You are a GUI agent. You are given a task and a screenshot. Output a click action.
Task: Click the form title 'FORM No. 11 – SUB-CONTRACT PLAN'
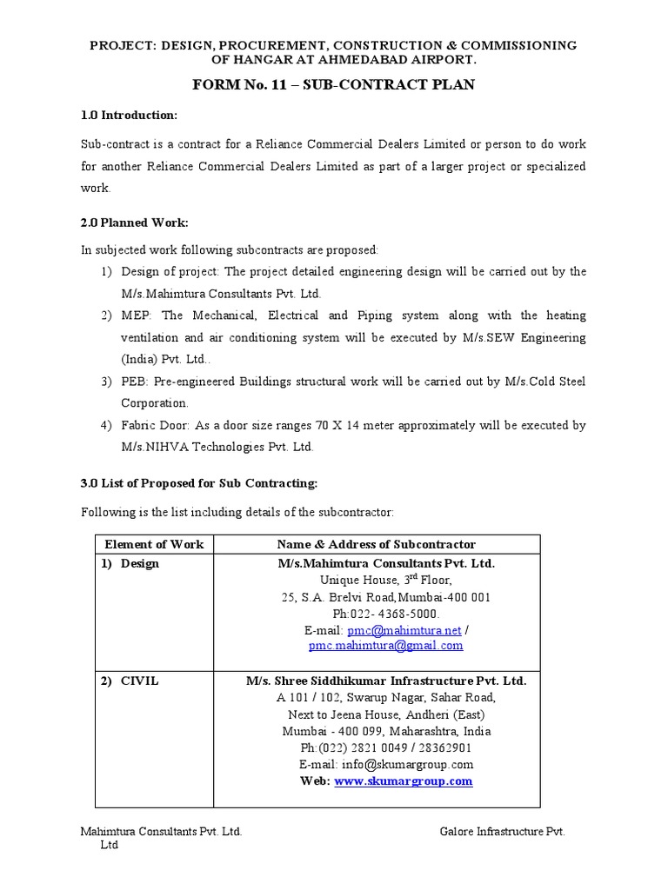tap(333, 84)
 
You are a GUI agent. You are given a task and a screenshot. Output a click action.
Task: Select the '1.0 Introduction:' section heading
tap(129, 115)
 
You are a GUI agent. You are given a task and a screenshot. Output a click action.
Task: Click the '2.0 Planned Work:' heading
tap(134, 222)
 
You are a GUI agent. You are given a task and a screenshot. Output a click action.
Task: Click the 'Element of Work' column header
tap(154, 544)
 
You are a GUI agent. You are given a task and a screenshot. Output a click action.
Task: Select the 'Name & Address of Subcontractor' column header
tap(377, 544)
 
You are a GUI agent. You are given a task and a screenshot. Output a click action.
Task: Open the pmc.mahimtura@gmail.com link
tap(385, 646)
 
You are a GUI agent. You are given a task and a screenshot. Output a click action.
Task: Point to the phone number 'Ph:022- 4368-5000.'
tap(385, 613)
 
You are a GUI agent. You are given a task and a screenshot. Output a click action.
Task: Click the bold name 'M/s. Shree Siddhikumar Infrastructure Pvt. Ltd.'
tap(385, 681)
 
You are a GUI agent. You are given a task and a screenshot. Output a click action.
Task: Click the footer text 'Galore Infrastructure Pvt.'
tap(503, 831)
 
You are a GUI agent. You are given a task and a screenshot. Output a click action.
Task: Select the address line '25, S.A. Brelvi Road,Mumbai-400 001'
tap(385, 596)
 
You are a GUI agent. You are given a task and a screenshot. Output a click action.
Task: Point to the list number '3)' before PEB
tap(106, 382)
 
